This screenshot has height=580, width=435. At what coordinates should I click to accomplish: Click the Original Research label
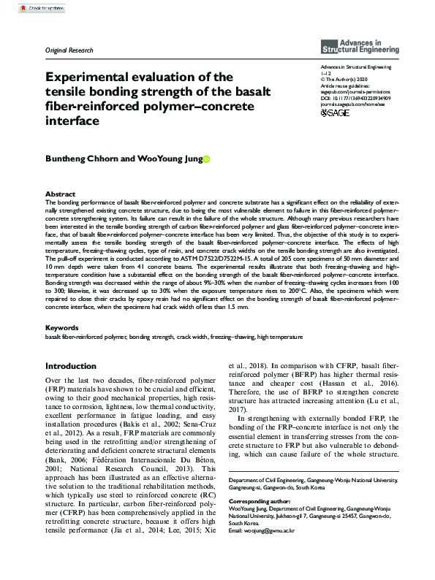[x=70, y=50]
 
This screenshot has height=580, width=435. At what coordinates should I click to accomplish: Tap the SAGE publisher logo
[x=338, y=113]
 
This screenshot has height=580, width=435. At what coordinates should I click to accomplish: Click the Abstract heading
[x=61, y=194]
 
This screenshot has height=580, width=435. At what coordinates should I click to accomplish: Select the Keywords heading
[x=63, y=329]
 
